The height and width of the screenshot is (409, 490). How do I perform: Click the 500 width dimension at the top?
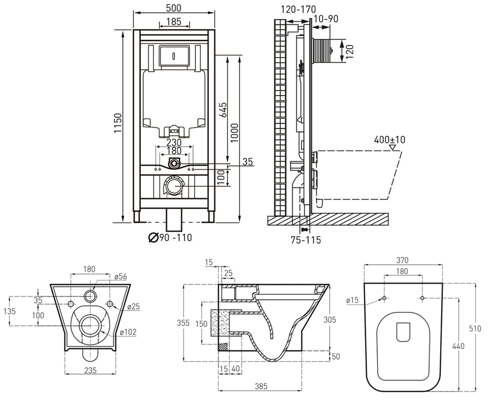click(174, 8)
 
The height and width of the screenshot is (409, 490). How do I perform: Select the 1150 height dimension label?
click(118, 123)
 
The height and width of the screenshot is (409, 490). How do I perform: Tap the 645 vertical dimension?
click(223, 110)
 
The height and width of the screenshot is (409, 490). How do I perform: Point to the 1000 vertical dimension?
click(234, 133)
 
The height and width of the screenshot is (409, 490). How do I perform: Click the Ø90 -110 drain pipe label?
click(170, 238)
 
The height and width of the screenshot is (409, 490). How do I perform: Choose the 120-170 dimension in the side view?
click(298, 9)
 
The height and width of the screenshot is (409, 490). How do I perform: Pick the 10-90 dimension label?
click(326, 19)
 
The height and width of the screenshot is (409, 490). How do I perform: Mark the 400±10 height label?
click(390, 139)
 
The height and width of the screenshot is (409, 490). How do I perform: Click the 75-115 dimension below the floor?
click(306, 240)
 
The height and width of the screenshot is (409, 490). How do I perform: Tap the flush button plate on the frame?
click(174, 56)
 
